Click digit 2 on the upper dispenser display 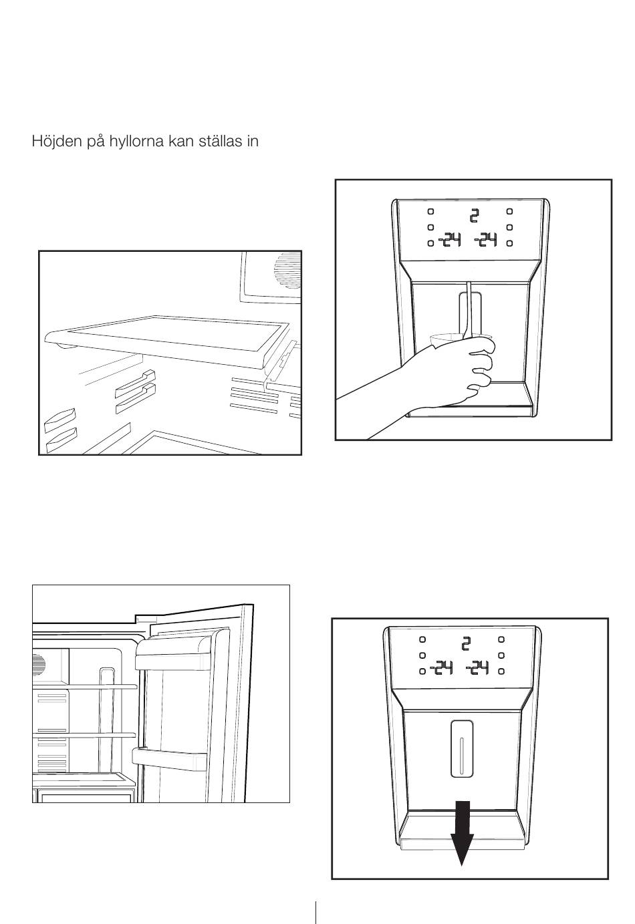point(474,216)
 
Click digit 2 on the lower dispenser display point(466,643)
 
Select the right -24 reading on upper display point(485,241)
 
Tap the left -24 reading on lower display point(441,667)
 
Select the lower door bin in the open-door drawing point(170,758)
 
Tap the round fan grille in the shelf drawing point(288,271)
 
